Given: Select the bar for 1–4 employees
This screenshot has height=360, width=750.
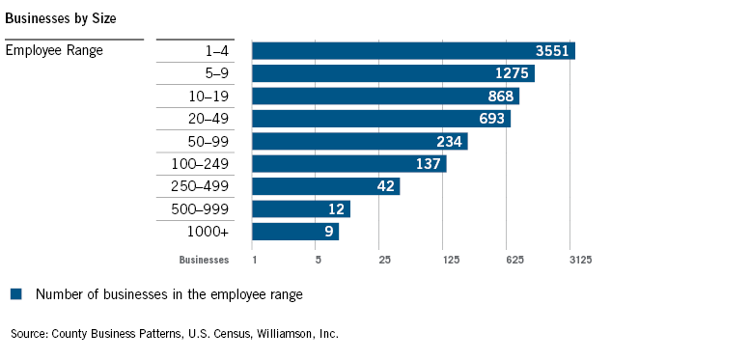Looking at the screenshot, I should (x=413, y=50).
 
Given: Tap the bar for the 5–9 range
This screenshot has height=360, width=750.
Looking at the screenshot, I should (x=393, y=73).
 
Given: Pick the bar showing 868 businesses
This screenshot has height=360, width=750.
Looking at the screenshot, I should (x=385, y=96).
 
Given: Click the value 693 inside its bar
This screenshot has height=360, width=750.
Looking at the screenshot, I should (x=491, y=119).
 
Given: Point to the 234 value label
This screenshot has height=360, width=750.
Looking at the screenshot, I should (x=448, y=141).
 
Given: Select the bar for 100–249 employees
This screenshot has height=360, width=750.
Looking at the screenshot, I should (x=348, y=163).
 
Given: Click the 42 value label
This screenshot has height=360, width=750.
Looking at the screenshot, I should (x=385, y=186).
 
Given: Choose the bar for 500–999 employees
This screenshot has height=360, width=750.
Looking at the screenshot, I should (x=300, y=208).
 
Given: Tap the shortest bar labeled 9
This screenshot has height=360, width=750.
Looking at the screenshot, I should (x=294, y=231).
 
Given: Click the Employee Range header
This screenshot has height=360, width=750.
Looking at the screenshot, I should (x=54, y=50).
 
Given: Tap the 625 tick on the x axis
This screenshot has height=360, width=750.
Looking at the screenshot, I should (x=515, y=260).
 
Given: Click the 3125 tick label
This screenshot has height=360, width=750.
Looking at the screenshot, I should (x=579, y=260).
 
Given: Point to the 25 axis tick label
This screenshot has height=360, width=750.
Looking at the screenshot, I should (x=384, y=260).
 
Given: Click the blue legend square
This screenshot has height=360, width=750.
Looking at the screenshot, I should (x=15, y=293).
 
